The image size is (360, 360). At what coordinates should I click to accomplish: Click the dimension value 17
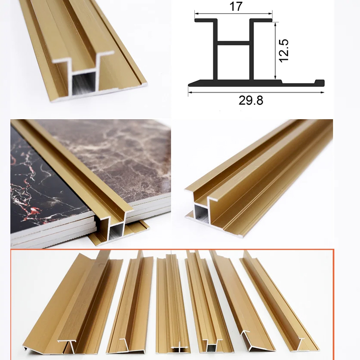(236, 6)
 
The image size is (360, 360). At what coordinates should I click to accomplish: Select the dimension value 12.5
(283, 51)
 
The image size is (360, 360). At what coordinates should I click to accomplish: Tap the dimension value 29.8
(251, 100)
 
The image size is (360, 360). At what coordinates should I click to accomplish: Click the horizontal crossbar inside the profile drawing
(233, 43)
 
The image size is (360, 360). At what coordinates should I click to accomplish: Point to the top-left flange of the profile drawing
(206, 20)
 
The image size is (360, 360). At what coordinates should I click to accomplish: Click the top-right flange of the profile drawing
(261, 20)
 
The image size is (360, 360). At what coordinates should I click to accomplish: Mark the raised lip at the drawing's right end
(319, 82)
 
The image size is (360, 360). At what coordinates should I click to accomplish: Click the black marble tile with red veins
(46, 184)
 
